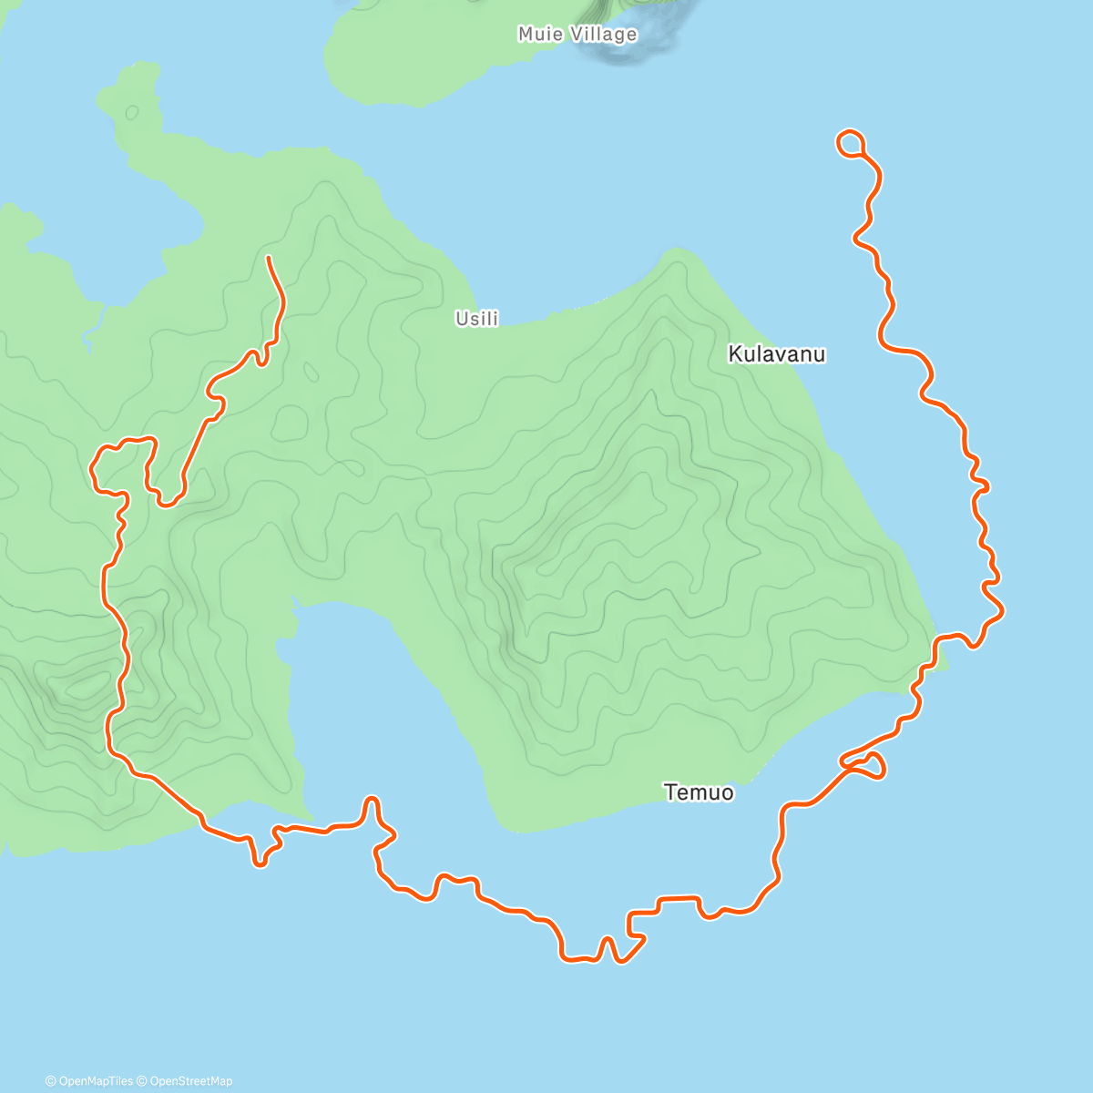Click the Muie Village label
point(577,35)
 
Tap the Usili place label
point(477,319)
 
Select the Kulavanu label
point(777,354)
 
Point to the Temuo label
point(699,792)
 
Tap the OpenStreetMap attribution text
point(190,1081)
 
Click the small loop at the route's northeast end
point(850,142)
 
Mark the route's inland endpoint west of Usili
point(269,259)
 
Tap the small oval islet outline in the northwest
point(132,112)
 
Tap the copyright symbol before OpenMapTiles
point(51,1081)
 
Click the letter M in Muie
point(526,35)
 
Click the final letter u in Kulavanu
point(820,354)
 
